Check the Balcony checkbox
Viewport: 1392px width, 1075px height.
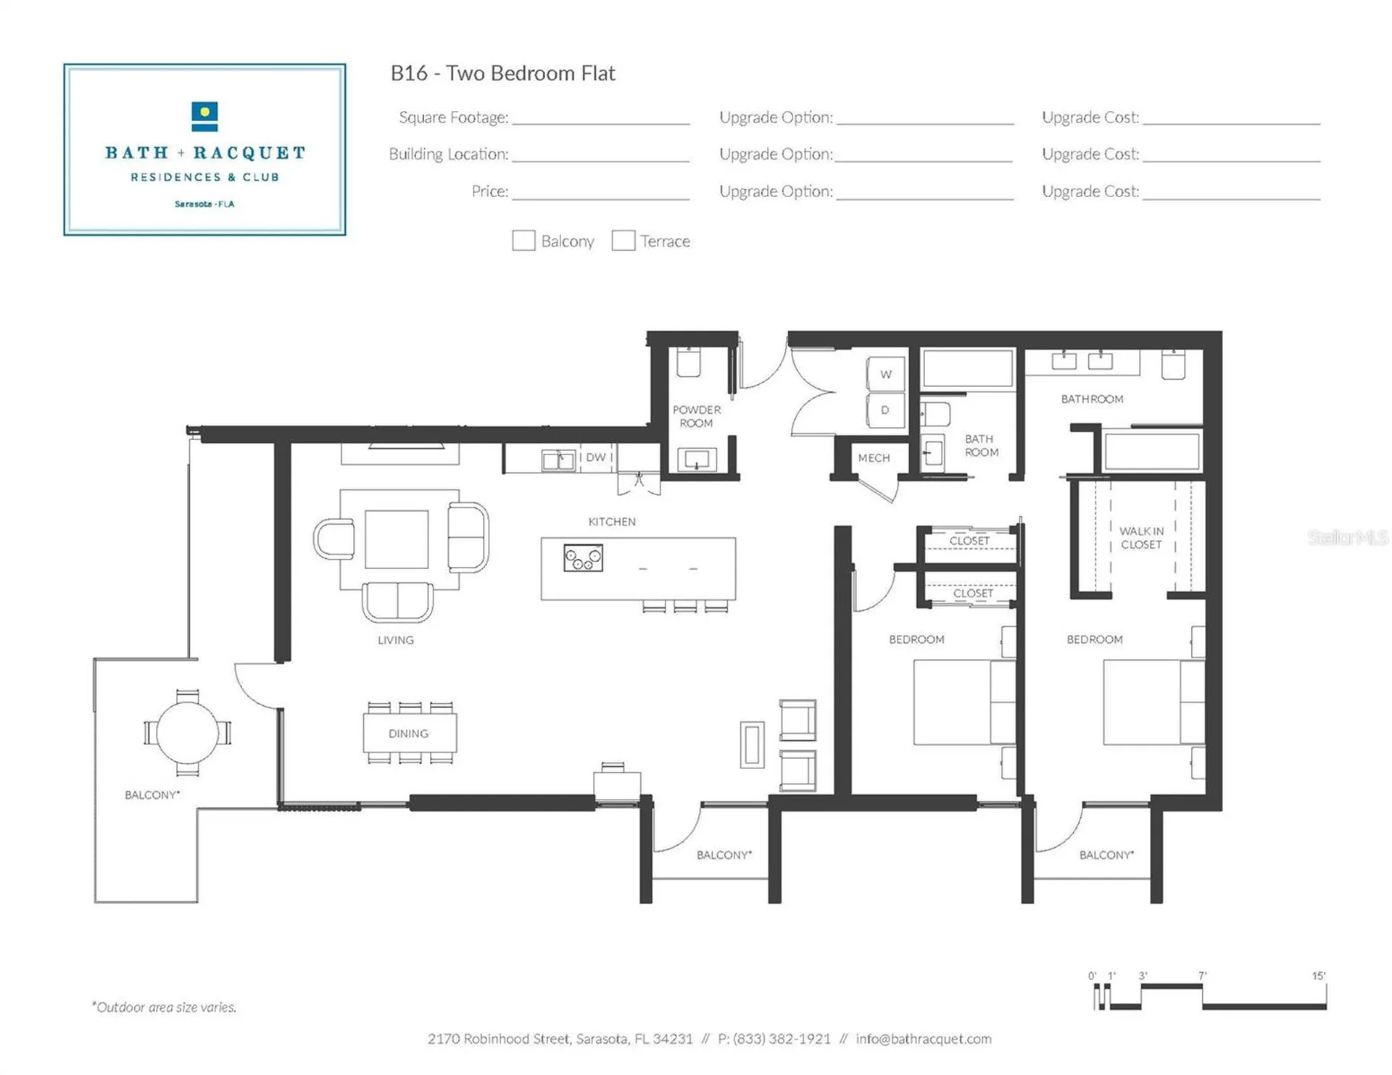click(x=523, y=241)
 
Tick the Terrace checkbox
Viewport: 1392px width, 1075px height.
click(x=623, y=241)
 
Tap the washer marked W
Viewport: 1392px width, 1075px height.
click(x=886, y=374)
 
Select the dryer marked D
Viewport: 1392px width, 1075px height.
click(x=886, y=410)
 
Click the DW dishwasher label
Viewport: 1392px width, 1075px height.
click(x=596, y=457)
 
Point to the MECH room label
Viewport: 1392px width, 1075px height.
click(x=874, y=458)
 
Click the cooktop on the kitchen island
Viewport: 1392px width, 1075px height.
click(x=583, y=558)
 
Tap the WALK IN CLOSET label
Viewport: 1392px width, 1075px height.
click(x=1141, y=538)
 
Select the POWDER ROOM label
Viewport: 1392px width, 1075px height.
click(x=696, y=416)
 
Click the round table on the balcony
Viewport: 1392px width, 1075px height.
click(x=188, y=732)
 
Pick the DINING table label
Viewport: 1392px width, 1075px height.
click(x=408, y=734)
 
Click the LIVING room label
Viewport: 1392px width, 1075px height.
click(x=396, y=640)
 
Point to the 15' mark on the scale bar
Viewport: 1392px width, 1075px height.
click(x=1319, y=976)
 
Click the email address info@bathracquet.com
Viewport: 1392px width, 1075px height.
click(x=924, y=1039)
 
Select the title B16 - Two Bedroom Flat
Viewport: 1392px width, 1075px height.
click(x=502, y=73)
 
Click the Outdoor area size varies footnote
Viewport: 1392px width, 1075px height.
click(x=164, y=1007)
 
